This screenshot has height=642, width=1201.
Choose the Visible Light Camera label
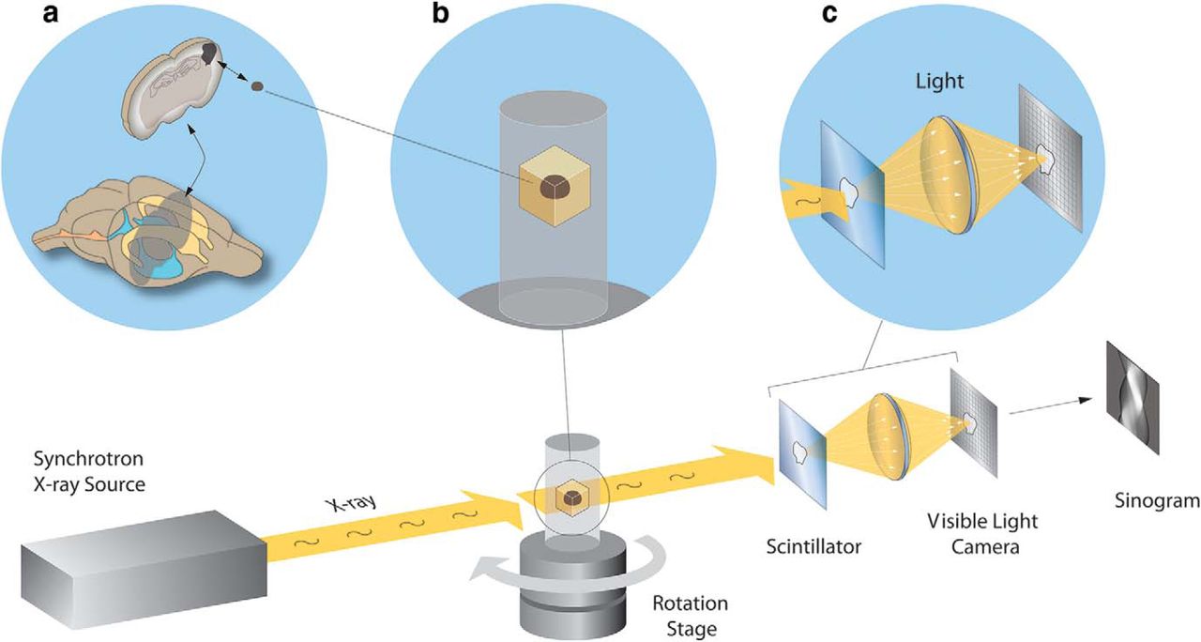pos(981,532)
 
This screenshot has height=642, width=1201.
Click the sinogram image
pos(1132,385)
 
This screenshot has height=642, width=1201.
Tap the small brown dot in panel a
pos(257,88)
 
